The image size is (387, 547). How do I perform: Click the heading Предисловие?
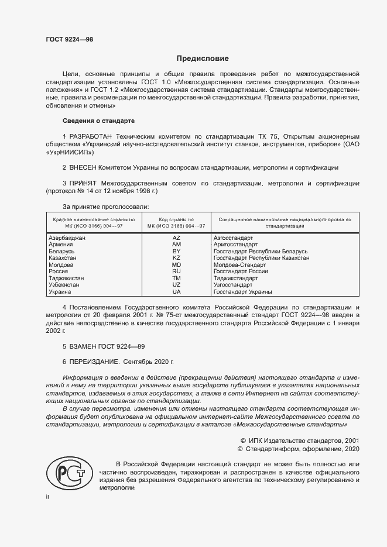(203, 59)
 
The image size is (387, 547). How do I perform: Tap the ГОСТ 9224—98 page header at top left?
(69, 40)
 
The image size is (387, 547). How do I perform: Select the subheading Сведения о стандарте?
(98, 121)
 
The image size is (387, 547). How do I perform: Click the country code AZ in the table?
(176, 239)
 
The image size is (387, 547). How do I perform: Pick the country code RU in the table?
(176, 271)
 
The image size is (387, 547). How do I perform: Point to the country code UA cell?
(176, 291)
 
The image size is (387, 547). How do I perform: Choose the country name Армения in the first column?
(61, 245)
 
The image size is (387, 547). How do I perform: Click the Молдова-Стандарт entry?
(237, 265)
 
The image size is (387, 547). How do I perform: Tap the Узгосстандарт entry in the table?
(233, 285)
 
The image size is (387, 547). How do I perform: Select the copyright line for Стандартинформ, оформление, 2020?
(299, 449)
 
